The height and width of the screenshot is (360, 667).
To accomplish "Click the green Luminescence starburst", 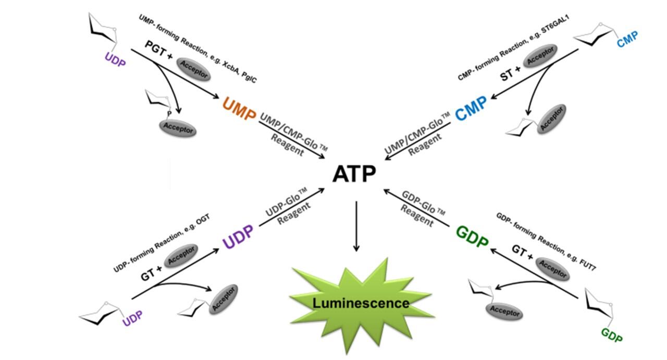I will click(361, 303).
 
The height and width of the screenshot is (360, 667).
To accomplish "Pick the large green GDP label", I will click(473, 237).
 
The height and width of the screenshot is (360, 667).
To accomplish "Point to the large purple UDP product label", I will click(238, 237).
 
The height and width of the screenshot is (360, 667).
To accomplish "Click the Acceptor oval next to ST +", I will click(540, 55).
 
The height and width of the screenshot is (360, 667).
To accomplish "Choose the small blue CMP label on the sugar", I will click(627, 39).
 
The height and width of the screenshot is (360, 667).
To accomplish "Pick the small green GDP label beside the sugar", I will click(612, 335).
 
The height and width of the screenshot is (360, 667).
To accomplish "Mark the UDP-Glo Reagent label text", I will click(290, 208).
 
